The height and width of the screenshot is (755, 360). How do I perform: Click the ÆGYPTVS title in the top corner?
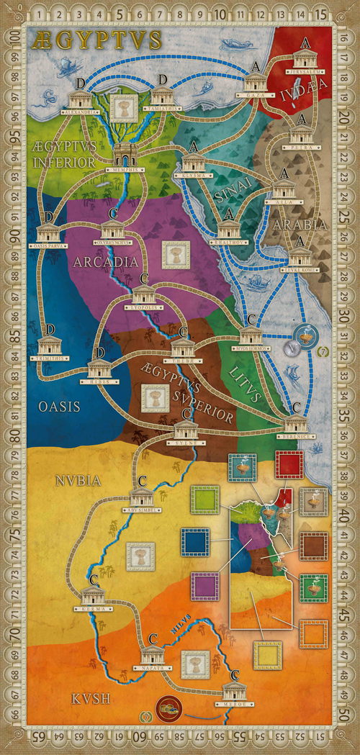95,40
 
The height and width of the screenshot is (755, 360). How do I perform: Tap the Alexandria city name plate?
80,112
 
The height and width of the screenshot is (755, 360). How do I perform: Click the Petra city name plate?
301,143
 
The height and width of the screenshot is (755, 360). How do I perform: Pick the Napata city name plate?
152,668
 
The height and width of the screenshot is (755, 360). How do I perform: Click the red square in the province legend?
288,466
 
